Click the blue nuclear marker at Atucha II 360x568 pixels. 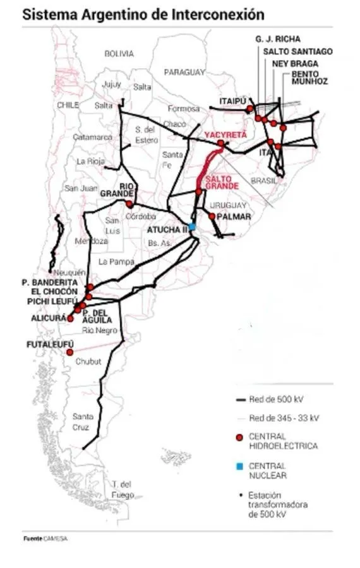[192, 227]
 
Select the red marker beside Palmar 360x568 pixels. [212, 216]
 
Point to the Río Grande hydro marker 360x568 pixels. [129, 204]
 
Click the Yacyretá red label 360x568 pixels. [225, 135]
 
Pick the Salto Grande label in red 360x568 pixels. [222, 182]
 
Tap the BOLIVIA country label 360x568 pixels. [119, 54]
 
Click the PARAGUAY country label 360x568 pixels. [184, 73]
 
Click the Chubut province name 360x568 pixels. [88, 362]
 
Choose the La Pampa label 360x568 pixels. [112, 261]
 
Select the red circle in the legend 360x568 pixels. [239, 437]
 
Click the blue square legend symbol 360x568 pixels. [239, 466]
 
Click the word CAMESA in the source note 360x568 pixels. [54, 538]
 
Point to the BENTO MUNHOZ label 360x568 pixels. [309, 78]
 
